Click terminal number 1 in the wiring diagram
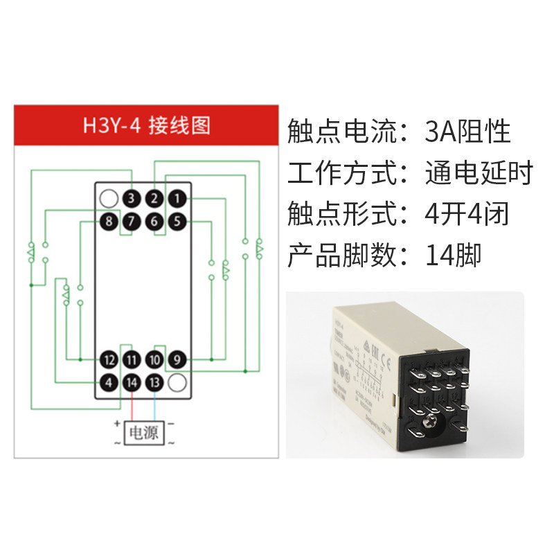click(x=177, y=199)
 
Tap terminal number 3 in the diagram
click(x=132, y=199)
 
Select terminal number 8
click(x=109, y=222)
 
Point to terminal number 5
click(x=177, y=222)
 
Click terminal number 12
click(x=109, y=359)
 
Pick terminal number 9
click(x=177, y=359)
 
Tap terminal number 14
click(x=132, y=382)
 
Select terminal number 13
click(x=154, y=382)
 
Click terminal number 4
click(x=109, y=382)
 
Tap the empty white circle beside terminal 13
click(x=177, y=382)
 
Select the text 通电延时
click(x=479, y=173)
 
